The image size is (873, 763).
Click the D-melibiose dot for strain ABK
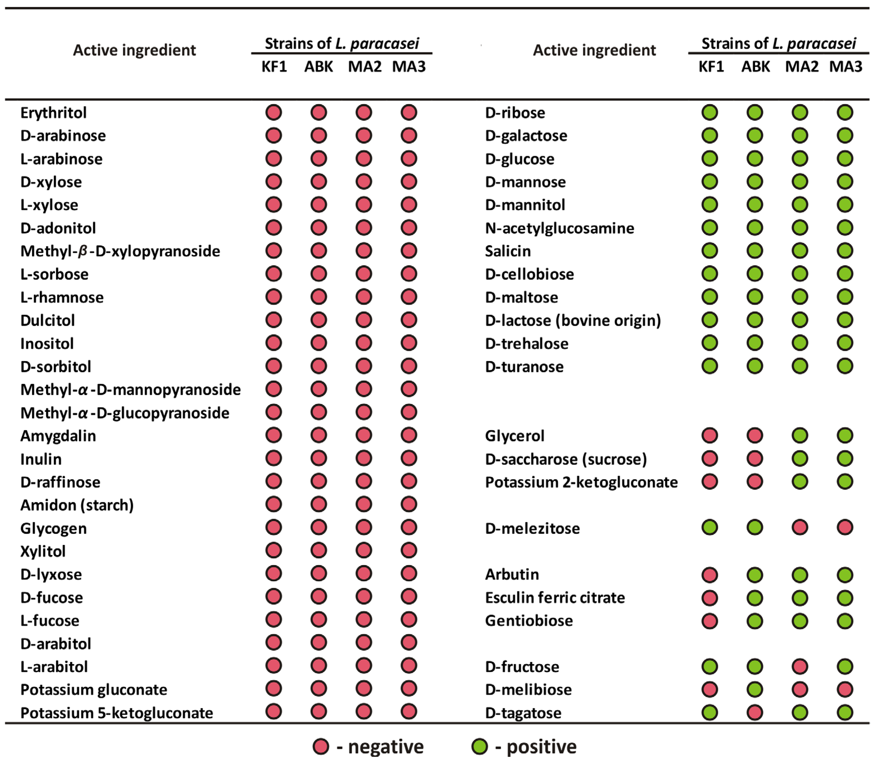[755, 689]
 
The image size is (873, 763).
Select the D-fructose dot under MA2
[800, 666]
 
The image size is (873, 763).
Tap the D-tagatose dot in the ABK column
[755, 712]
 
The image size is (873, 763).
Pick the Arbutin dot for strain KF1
[710, 574]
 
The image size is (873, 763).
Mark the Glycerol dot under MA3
[845, 436]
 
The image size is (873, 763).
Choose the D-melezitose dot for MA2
[800, 528]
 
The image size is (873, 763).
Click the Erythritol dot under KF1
[273, 113]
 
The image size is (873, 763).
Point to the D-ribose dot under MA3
[845, 113]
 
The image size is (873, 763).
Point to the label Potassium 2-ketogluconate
[581, 482]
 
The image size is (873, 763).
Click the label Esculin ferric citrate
[555, 597]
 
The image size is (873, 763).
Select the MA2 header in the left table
[365, 66]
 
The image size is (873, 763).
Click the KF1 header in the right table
[711, 66]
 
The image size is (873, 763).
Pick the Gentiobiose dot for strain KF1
[710, 620]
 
